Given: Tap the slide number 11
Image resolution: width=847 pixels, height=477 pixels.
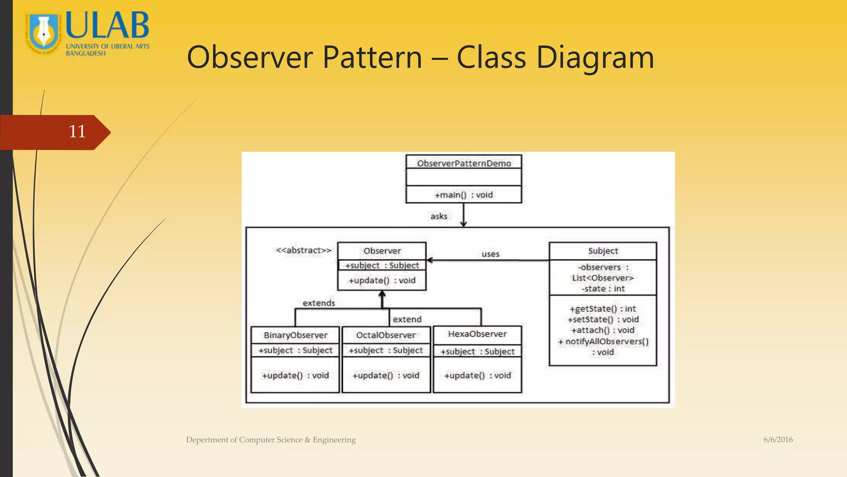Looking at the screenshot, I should coord(77,132).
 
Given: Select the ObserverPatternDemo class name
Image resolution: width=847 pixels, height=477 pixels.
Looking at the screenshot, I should coord(464,164).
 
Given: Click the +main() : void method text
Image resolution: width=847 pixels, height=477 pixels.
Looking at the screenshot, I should coord(464,195).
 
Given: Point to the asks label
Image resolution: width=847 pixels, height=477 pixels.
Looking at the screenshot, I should coord(439,216).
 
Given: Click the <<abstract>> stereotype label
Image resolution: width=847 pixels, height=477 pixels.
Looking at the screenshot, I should coord(304,251).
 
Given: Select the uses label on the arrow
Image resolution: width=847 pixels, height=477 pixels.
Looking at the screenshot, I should coord(490,254).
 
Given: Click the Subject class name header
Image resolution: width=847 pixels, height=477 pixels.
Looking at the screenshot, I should coord(603,251).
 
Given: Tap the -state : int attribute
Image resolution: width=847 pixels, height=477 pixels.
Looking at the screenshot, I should coord(603,289).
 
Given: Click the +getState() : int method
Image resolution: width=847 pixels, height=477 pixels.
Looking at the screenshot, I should coord(603,308).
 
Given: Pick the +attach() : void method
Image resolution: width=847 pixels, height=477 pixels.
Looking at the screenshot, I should coord(603,330).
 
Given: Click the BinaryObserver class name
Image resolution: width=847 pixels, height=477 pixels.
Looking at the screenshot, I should coord(295,335).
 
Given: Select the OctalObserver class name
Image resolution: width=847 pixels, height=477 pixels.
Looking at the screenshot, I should coord(386,335).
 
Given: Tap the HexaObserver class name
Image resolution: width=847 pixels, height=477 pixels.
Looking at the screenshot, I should coord(477,334).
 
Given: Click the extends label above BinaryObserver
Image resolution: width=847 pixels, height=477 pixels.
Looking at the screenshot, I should coord(318,303).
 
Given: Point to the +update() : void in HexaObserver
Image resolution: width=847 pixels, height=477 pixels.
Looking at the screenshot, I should coord(477,375).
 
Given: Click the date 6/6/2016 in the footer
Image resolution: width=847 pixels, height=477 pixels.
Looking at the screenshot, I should coord(778,440).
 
